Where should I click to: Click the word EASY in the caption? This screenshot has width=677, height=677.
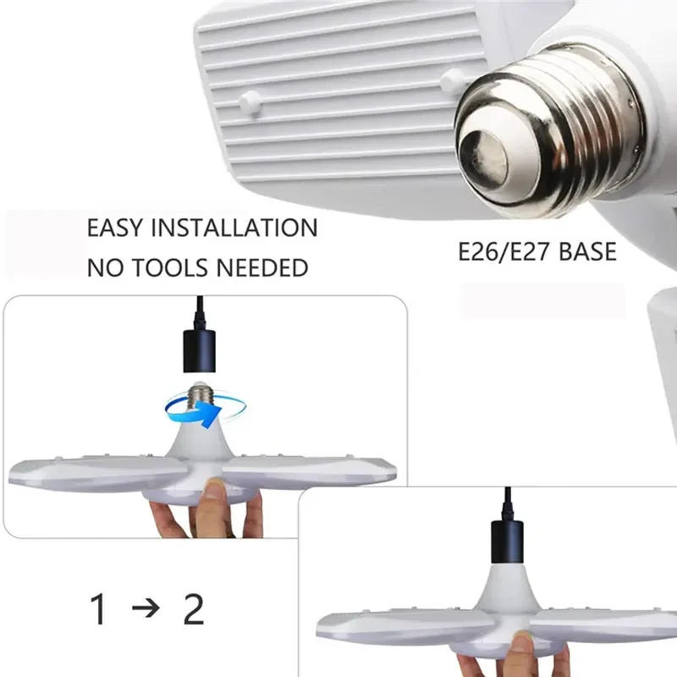pyautogui.click(x=115, y=228)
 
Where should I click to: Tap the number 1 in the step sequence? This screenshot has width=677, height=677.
pyautogui.click(x=99, y=610)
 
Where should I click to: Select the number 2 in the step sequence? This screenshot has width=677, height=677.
pyautogui.click(x=194, y=610)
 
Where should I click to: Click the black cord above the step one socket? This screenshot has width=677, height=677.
pyautogui.click(x=200, y=310)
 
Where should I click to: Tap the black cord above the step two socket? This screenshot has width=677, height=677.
pyautogui.click(x=506, y=504)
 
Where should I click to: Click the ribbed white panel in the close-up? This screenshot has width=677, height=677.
pyautogui.click(x=338, y=93)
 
